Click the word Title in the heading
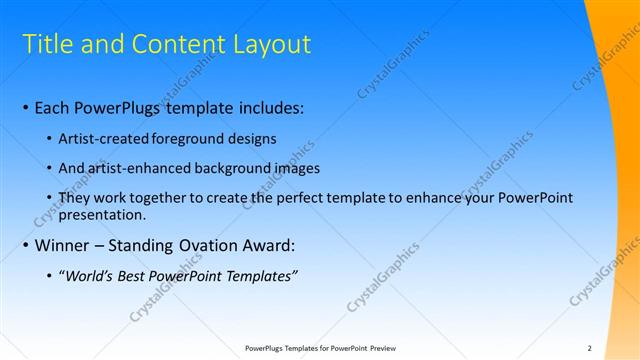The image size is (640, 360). [x=45, y=44]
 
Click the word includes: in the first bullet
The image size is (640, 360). [x=269, y=106]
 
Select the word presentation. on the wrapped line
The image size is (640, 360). [x=103, y=214]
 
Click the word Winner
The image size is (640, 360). [x=61, y=246]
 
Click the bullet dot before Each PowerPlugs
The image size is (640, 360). [x=25, y=107]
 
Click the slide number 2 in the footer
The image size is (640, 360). [x=589, y=348]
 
